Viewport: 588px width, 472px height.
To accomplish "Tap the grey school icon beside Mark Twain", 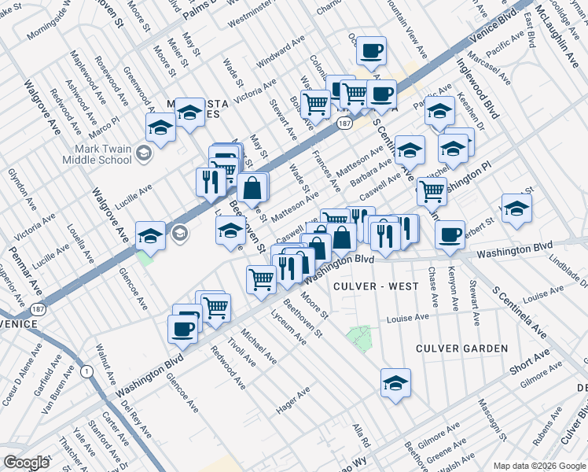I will (143, 153).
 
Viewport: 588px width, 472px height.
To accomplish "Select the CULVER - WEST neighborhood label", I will (376, 286).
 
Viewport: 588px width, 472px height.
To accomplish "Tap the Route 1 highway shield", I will (84, 370).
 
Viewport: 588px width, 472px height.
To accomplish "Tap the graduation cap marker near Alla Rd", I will (395, 382).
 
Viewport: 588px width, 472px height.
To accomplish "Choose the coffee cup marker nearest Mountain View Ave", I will (371, 51).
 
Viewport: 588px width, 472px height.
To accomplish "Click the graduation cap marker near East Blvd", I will (516, 208).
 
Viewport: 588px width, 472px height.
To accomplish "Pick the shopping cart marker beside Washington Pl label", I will (431, 190).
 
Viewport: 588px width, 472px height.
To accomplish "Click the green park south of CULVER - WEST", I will (359, 337).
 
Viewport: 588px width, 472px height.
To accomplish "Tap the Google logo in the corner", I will (26, 462).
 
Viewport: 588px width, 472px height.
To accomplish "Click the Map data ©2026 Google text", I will (538, 464).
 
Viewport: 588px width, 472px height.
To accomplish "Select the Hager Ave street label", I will (292, 400).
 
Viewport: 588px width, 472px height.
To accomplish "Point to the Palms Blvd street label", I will (199, 11).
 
